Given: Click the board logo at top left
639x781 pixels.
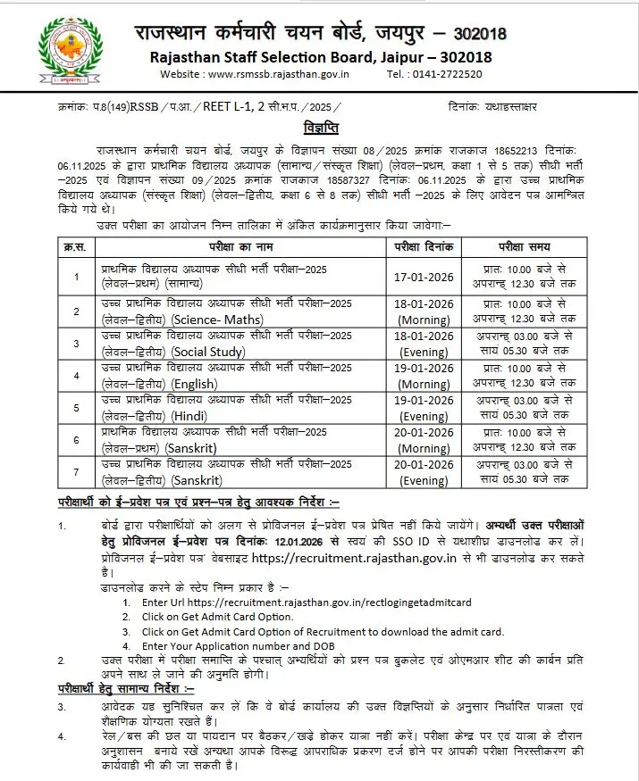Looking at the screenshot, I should click(64, 52).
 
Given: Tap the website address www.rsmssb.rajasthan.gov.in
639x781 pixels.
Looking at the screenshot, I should click(284, 74).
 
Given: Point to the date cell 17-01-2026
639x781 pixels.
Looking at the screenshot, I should click(425, 277).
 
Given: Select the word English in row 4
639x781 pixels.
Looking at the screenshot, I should click(195, 384).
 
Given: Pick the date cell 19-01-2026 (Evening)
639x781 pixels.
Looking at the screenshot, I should click(425, 409).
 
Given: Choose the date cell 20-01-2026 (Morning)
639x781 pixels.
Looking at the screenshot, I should click(425, 441).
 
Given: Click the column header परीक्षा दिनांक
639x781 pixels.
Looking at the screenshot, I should click(425, 246).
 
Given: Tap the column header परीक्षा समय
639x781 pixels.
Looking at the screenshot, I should click(524, 246).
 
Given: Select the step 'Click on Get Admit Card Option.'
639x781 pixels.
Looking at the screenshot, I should click(217, 617).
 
